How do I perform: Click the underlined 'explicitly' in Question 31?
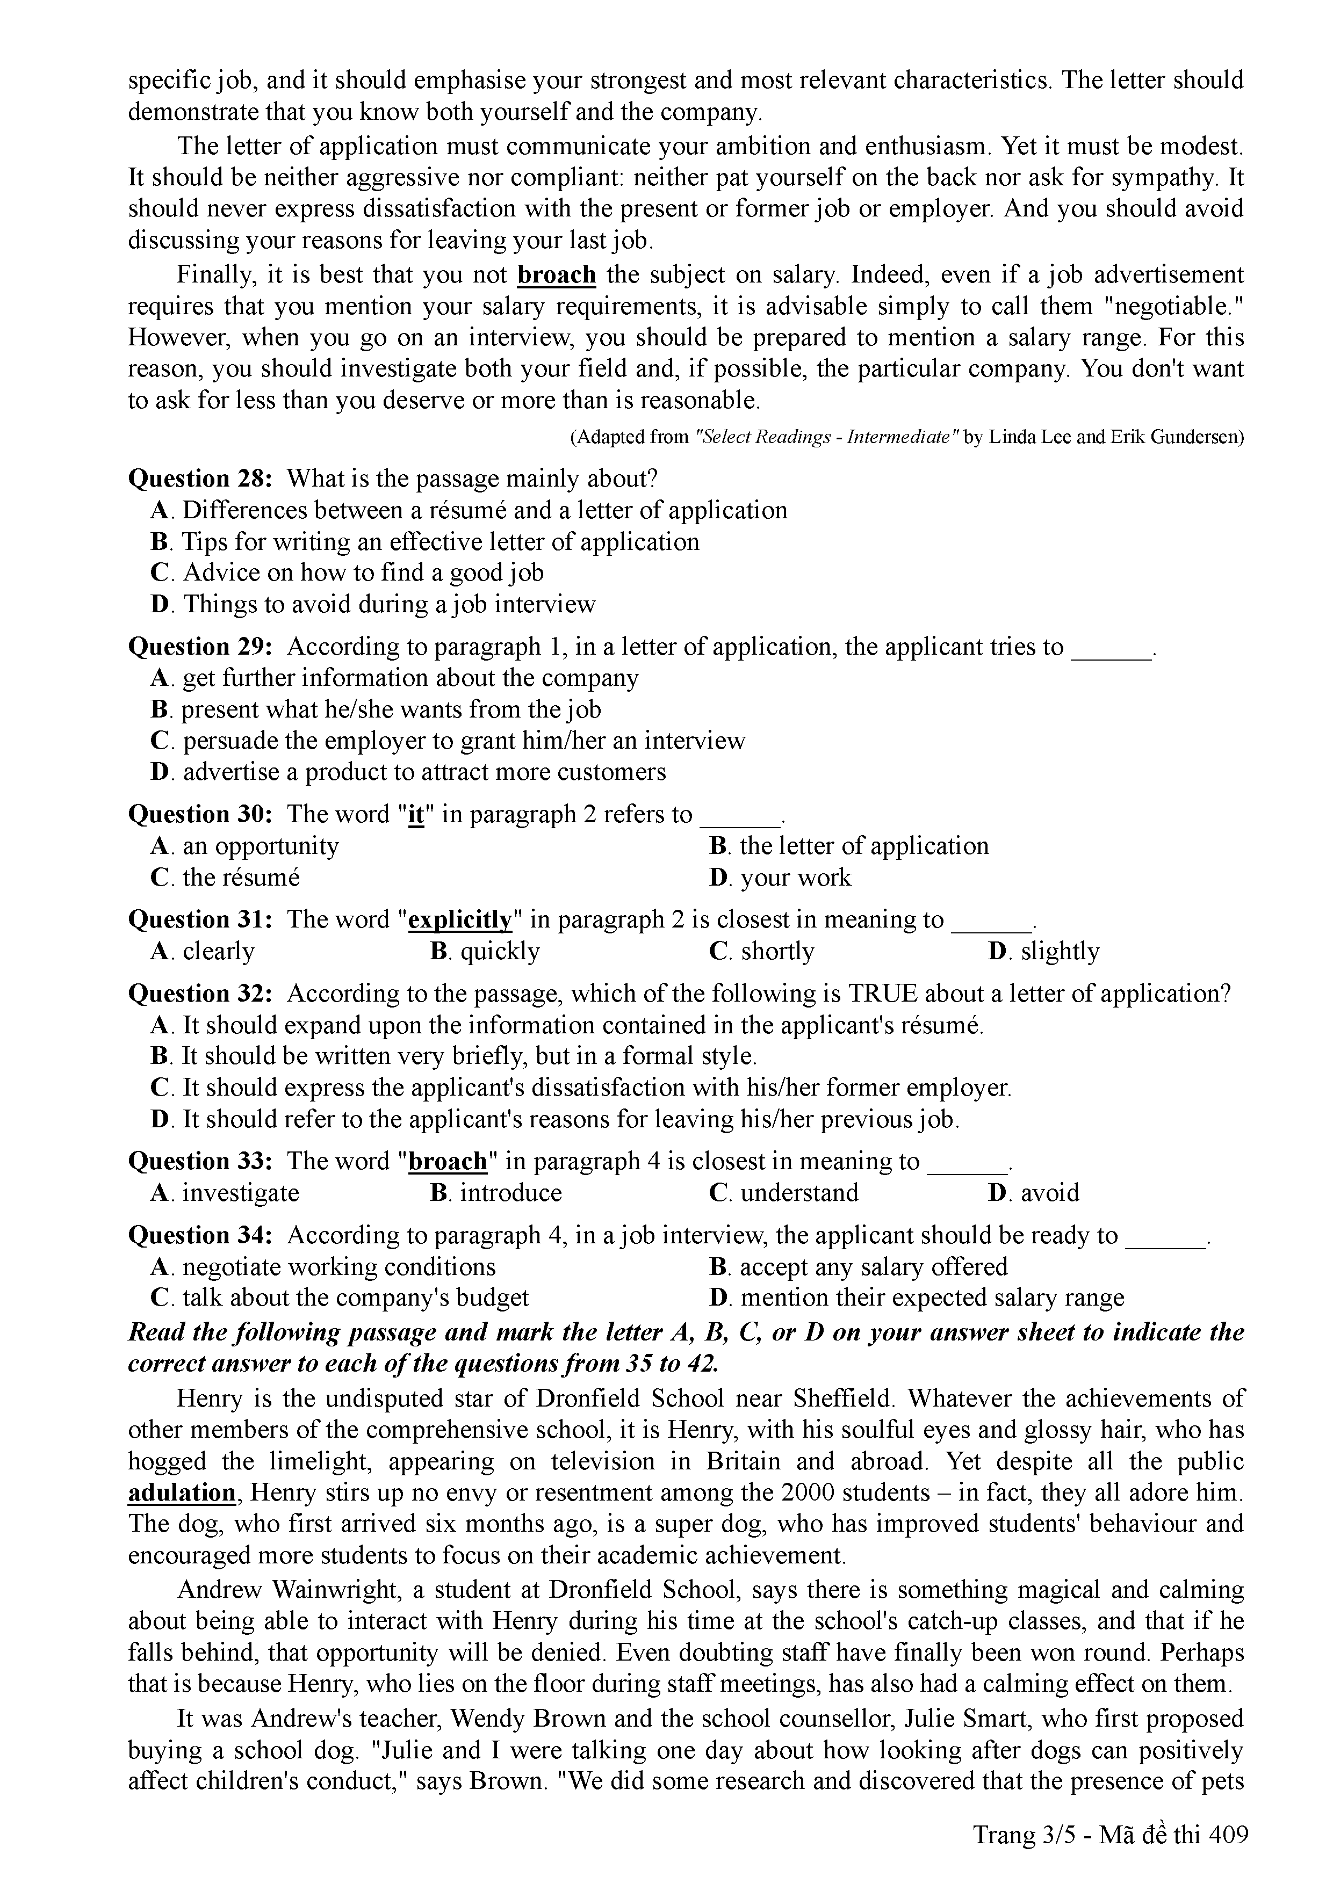click(x=460, y=920)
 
